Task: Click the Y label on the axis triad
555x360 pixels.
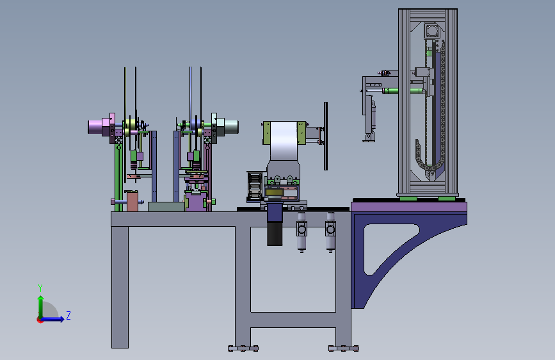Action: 40,288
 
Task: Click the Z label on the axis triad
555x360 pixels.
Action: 68,315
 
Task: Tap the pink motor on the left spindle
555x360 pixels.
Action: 95,127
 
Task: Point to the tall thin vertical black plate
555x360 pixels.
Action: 326,136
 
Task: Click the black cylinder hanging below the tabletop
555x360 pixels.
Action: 275,234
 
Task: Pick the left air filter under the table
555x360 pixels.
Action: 302,232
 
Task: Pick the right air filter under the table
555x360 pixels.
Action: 330,232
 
